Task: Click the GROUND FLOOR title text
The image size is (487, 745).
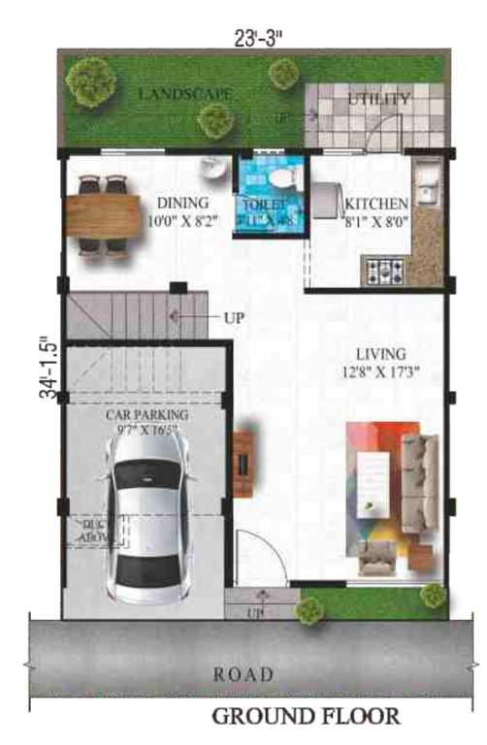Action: tap(306, 718)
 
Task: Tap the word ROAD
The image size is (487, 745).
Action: tap(243, 674)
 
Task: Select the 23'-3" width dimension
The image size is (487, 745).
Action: tap(257, 40)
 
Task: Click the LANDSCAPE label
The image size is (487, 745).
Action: tap(184, 94)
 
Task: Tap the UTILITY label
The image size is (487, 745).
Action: tap(379, 99)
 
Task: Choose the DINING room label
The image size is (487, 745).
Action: tap(182, 204)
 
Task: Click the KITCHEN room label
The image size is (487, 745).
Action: tap(376, 205)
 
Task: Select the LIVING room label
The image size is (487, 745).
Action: tap(380, 354)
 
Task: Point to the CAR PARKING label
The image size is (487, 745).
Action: tap(147, 414)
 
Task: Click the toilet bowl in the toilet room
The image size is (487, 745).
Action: tap(282, 178)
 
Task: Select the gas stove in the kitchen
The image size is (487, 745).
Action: tap(386, 272)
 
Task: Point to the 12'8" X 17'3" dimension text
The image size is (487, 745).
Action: tap(380, 371)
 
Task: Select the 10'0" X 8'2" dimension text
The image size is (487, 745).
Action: tap(182, 221)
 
